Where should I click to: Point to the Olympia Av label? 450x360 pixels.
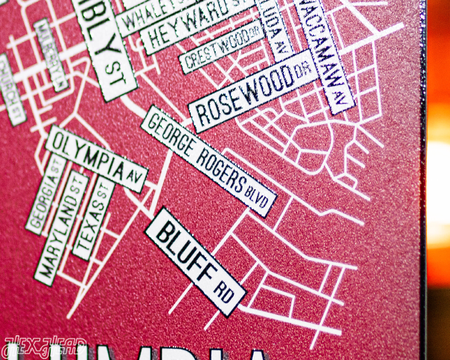96,158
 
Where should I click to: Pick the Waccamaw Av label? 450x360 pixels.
324,54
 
